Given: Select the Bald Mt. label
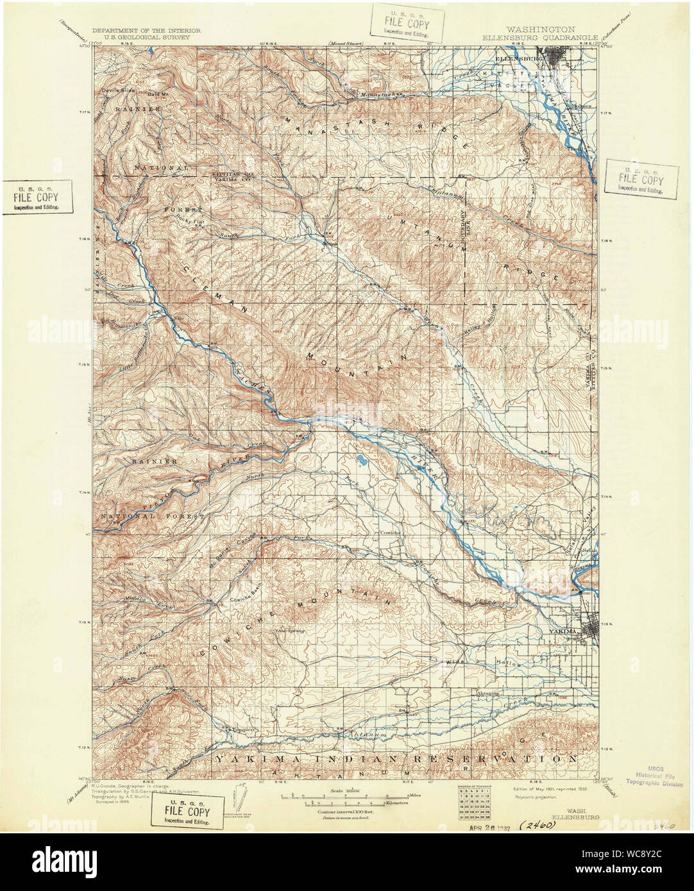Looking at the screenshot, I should click(x=158, y=94).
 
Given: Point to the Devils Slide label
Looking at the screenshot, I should click(x=118, y=90).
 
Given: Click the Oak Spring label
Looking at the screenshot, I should click(x=289, y=631).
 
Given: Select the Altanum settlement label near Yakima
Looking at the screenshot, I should click(x=487, y=693).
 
